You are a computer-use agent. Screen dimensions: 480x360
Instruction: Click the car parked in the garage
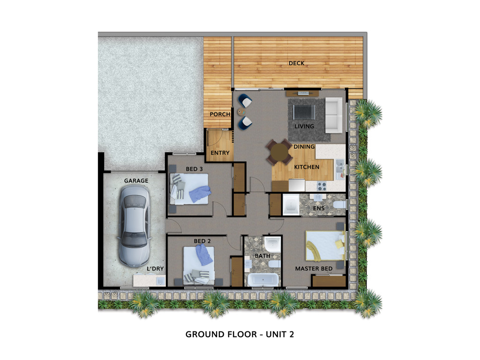tap(135, 226)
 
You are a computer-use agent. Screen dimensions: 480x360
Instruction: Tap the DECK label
tap(296, 63)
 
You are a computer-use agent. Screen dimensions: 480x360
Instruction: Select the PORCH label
tap(220, 114)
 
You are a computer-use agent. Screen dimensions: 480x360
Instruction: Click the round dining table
tap(279, 151)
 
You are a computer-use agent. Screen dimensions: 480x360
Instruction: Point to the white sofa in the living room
tap(334, 115)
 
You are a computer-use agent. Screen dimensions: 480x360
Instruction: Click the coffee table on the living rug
tap(304, 112)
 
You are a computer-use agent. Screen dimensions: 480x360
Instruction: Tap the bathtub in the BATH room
tap(263, 279)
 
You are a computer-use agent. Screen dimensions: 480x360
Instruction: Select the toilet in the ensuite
tap(339, 204)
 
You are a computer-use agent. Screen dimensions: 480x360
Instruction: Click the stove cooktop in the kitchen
tap(322, 186)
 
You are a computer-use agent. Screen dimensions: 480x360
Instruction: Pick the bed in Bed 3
tap(189, 189)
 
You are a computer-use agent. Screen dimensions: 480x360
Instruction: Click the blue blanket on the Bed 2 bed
tap(204, 255)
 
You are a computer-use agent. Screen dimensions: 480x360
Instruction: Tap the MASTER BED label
tap(314, 269)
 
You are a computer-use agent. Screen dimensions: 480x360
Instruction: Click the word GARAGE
tap(136, 181)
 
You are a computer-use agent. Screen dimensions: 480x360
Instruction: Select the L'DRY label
tap(155, 269)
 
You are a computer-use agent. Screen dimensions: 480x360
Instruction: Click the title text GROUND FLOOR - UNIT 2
tap(240, 334)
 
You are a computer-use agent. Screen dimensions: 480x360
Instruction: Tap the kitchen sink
tap(339, 166)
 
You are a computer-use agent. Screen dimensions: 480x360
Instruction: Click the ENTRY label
tap(220, 153)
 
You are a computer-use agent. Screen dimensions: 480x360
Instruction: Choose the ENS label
tap(319, 209)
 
